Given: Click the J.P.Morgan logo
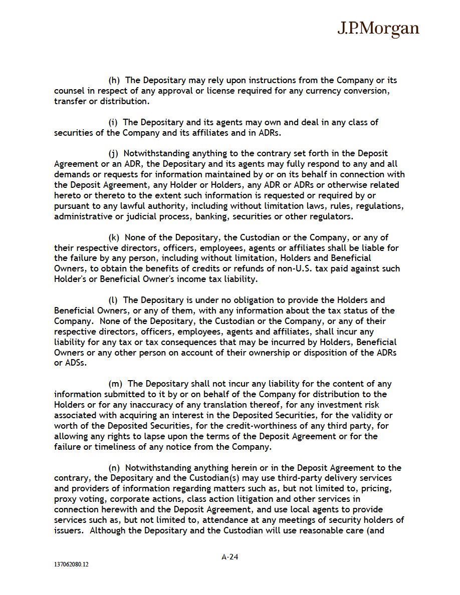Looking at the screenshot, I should [378, 29].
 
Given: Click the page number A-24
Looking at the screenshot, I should [229, 556].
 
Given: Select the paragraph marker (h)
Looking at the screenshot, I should [114, 80].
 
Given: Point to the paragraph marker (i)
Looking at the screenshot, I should [113, 122].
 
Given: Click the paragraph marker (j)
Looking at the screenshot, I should [114, 153].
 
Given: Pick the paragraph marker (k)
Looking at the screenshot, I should [114, 237].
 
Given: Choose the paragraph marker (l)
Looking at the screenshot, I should [113, 300].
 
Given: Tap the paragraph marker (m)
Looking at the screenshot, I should [116, 384].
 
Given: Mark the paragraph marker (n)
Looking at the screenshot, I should [114, 468].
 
